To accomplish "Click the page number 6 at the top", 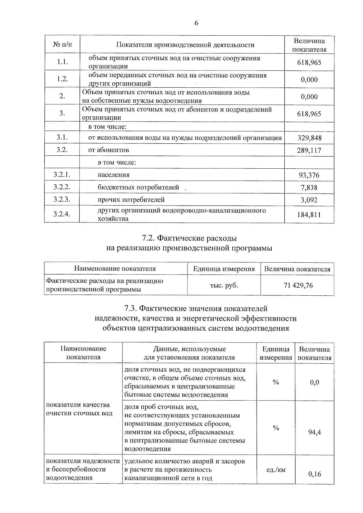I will (196, 23).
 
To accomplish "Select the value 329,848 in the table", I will (309, 138).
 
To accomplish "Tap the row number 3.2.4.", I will (62, 214).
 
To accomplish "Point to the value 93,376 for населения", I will (309, 175).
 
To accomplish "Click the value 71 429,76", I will (298, 285).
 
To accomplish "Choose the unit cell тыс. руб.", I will (224, 285).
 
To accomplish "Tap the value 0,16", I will (315, 474).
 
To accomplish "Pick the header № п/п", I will (63, 45).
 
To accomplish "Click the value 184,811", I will (309, 215).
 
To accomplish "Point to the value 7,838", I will (309, 188).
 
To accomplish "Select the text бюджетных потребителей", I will (138, 187).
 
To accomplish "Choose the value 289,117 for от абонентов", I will (309, 150).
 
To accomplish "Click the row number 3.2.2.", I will (62, 187).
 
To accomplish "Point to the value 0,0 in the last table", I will (315, 382).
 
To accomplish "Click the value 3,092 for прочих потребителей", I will (309, 200).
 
